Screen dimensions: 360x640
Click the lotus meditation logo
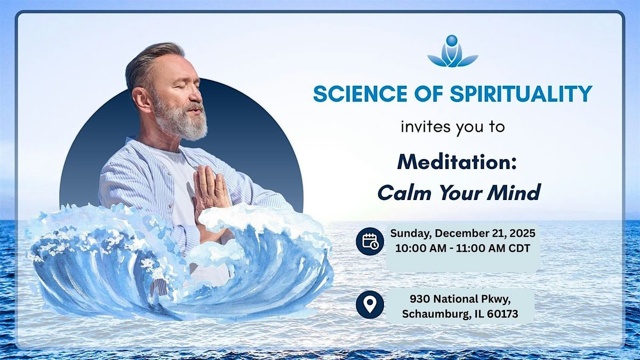pos(452,52)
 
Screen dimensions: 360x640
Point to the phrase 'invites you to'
pos(452,128)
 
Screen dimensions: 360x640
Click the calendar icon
pos(370,241)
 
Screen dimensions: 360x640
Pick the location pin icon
pos(370,305)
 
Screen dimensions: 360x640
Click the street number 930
pos(419,299)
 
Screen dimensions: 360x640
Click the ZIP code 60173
pos(501,314)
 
